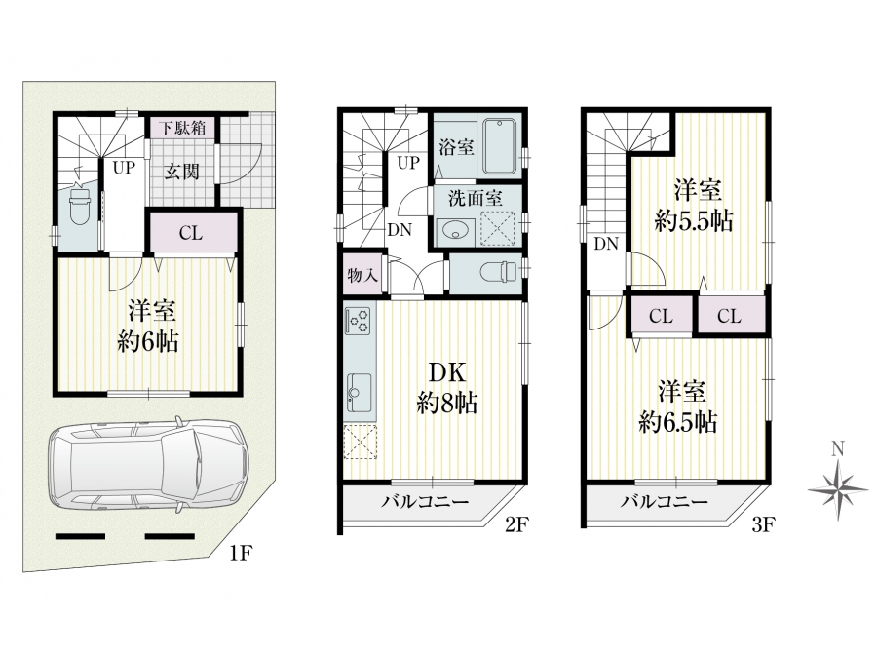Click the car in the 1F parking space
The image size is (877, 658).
pyautogui.click(x=148, y=464)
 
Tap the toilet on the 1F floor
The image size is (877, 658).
pyautogui.click(x=80, y=206)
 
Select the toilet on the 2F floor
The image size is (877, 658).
pyautogui.click(x=501, y=271)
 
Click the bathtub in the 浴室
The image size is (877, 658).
pyautogui.click(x=500, y=146)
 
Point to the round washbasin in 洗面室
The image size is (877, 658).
pyautogui.click(x=453, y=229)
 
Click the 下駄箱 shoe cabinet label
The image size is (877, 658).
pyautogui.click(x=183, y=128)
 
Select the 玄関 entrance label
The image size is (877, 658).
pyautogui.click(x=182, y=172)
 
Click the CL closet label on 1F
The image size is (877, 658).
pyautogui.click(x=191, y=233)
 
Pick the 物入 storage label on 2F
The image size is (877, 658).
pyautogui.click(x=362, y=275)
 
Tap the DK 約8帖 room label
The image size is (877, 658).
pyautogui.click(x=447, y=387)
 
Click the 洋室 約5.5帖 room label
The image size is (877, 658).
pyautogui.click(x=694, y=206)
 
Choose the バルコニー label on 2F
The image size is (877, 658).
pyautogui.click(x=425, y=501)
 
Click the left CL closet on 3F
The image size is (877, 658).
pyautogui.click(x=661, y=316)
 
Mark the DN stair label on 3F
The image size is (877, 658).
pyautogui.click(x=606, y=244)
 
